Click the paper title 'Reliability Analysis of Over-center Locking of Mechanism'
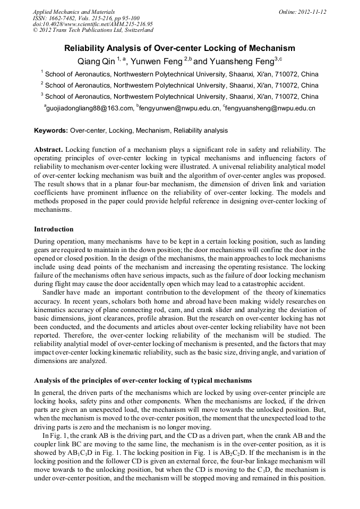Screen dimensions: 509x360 coord(179,48)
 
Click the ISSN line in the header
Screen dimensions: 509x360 coord(86,18)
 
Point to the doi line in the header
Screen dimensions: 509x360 coord(92,24)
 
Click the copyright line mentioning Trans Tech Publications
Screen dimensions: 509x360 coord(93,30)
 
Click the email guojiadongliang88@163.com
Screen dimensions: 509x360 coord(89,108)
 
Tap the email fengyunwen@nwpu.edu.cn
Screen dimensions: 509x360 coord(179,108)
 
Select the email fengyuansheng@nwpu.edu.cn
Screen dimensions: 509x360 coord(271,108)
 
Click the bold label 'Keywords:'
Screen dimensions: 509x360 coord(51,131)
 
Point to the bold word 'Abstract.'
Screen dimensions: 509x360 coord(48,150)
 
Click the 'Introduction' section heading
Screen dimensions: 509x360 coord(54,229)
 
